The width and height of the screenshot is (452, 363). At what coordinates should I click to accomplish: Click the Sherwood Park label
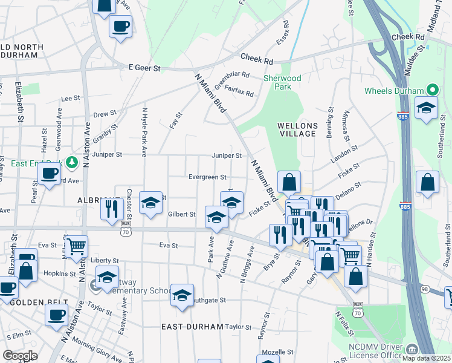tap(282, 82)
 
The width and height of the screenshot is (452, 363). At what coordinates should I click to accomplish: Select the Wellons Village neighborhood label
tap(297, 129)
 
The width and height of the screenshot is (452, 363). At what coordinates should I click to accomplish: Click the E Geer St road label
tap(140, 68)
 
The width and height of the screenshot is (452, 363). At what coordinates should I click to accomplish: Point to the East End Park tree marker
tap(72, 162)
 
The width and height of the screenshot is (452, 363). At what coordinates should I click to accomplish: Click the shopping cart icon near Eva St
tap(77, 246)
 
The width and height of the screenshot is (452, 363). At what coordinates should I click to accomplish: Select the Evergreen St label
tap(207, 177)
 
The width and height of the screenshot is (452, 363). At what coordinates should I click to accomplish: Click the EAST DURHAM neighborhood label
tap(192, 327)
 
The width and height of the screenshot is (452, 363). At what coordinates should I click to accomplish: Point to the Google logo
tap(20, 356)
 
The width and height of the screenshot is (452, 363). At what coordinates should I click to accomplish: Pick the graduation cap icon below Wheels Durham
tap(427, 109)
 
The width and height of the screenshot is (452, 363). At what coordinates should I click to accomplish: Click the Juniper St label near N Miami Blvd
tap(227, 155)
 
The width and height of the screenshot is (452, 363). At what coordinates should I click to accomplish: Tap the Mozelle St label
tap(277, 352)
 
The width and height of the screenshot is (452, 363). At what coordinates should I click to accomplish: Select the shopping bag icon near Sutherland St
tap(428, 183)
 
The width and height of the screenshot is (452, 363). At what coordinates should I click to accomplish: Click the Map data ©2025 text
tap(427, 358)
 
